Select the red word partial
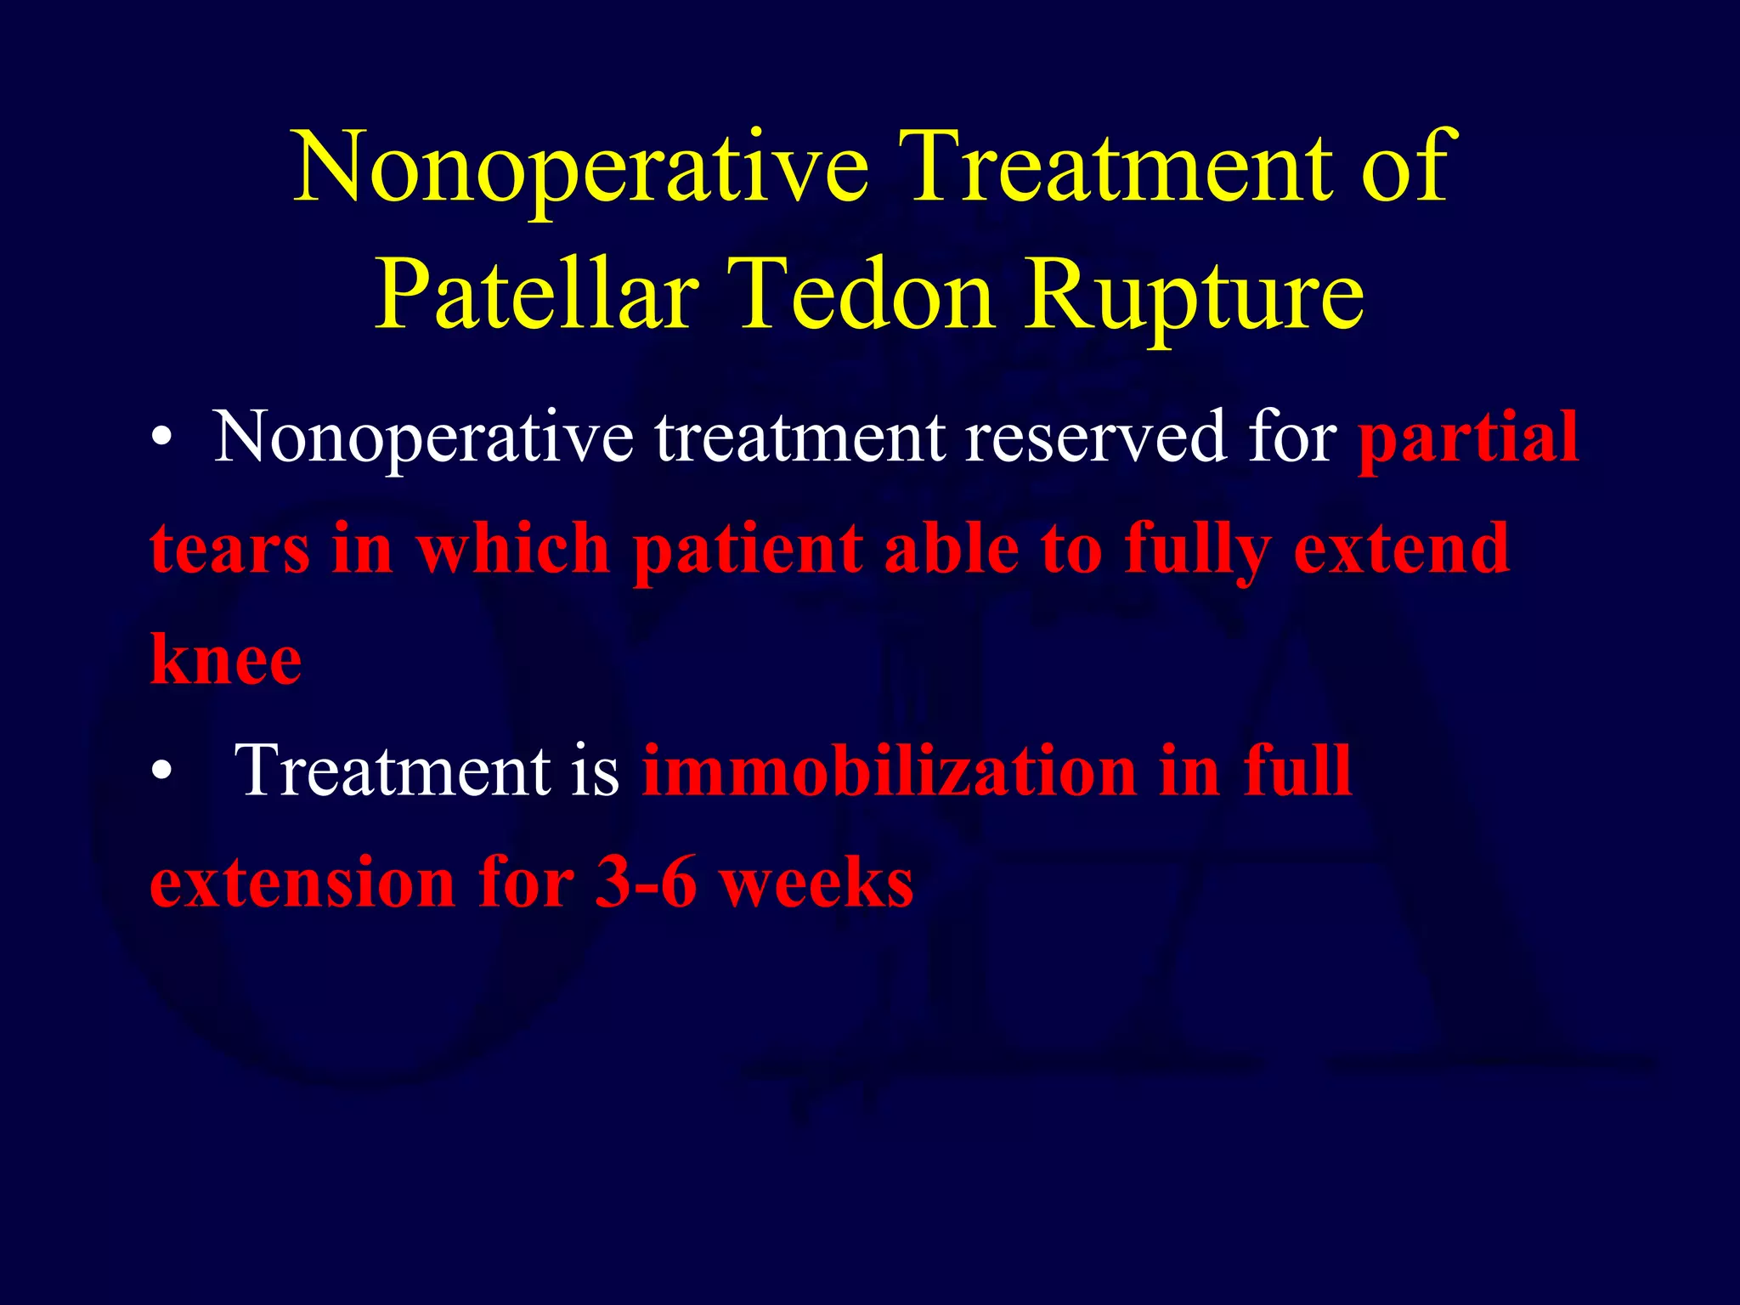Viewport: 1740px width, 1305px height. (x=1468, y=438)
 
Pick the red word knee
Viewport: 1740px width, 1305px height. (x=226, y=660)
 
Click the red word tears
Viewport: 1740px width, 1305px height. (x=229, y=550)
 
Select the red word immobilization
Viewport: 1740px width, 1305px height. (x=889, y=771)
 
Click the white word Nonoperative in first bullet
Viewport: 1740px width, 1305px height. (x=423, y=438)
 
